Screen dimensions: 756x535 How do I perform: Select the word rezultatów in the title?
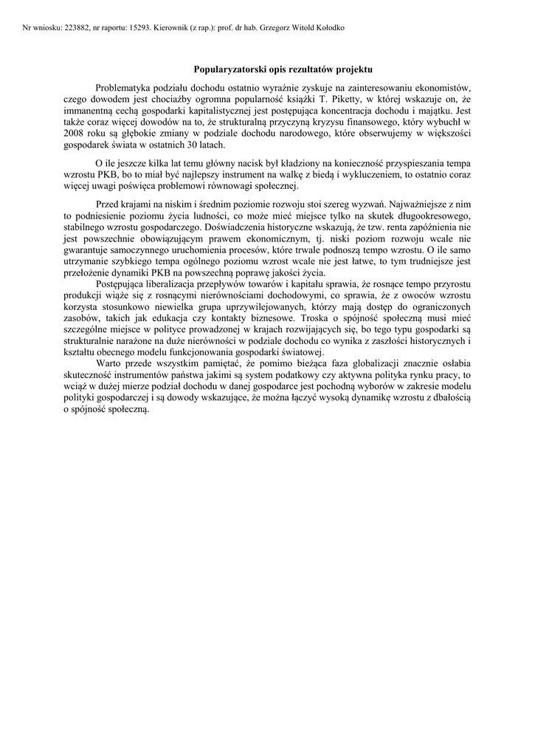point(314,69)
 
